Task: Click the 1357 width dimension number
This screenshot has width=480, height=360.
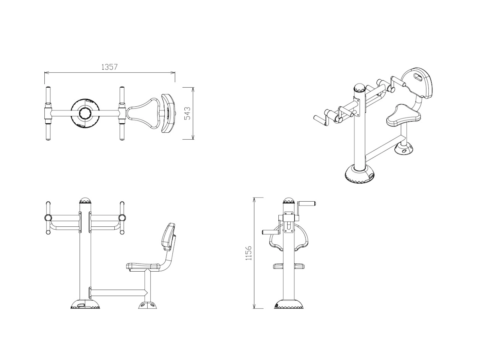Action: tap(110, 67)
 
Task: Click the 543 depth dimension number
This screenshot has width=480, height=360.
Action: tap(188, 113)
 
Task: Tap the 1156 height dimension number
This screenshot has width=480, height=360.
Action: tap(249, 253)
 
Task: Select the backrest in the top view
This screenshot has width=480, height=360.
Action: tap(168, 113)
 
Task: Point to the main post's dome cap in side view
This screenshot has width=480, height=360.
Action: tap(85, 200)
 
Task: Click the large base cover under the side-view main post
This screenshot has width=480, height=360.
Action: tap(85, 304)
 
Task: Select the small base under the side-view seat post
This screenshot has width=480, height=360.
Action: tap(148, 305)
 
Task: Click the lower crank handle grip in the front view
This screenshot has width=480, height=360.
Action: tap(270, 232)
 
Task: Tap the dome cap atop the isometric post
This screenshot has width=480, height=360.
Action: tap(360, 87)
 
